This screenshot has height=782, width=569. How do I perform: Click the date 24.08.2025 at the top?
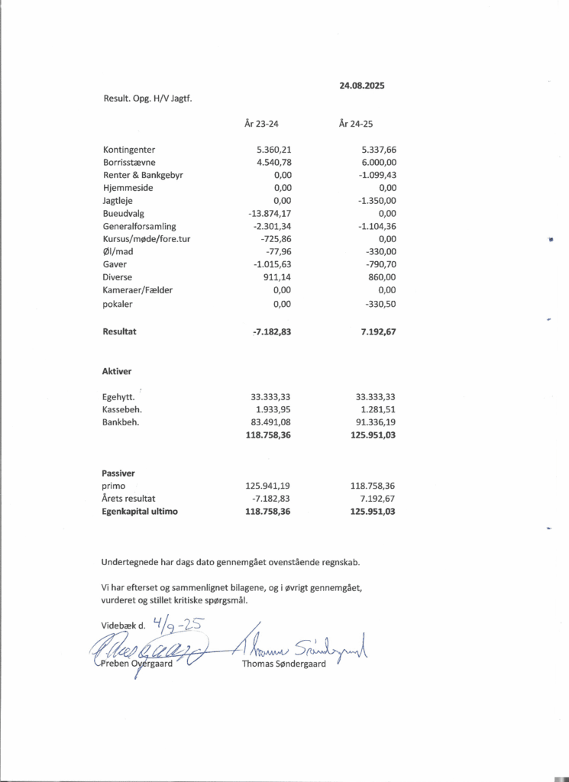click(362, 86)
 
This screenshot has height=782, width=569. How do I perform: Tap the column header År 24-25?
click(356, 123)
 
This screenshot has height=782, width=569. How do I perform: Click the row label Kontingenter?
click(129, 150)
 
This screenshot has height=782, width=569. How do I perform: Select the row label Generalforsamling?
click(140, 227)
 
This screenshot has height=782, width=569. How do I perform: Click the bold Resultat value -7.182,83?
click(272, 332)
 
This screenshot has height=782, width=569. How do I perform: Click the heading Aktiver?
click(117, 371)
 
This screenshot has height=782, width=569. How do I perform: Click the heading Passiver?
click(118, 473)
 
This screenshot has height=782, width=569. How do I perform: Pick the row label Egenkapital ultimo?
click(140, 512)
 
